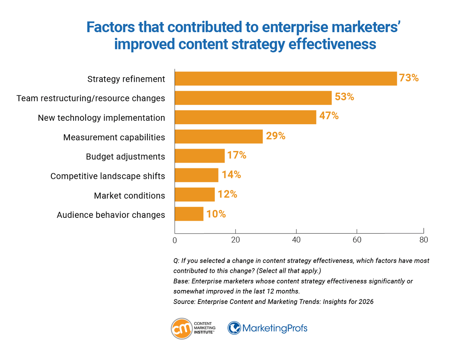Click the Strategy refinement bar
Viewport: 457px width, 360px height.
tap(286, 79)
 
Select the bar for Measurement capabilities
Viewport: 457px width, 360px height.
tap(219, 137)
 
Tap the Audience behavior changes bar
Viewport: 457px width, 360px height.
tap(189, 214)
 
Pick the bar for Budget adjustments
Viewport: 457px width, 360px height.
tap(200, 156)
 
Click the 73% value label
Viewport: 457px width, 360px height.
tap(409, 78)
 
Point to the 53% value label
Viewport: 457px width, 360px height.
tap(344, 97)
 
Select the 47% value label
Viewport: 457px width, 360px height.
tap(329, 116)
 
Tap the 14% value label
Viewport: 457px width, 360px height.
tap(231, 175)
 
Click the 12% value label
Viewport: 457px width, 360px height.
tap(227, 194)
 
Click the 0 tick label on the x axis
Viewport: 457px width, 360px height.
tap(175, 240)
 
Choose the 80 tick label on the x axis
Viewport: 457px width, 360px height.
tap(423, 240)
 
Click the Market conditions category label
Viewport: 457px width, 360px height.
tap(129, 196)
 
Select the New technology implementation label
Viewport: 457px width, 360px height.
tap(101, 118)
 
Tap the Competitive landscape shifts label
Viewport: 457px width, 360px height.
tap(107, 176)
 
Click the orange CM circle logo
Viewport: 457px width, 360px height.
tap(182, 329)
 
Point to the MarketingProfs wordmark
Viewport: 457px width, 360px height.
tap(275, 328)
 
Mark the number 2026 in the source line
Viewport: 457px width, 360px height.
tap(366, 302)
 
